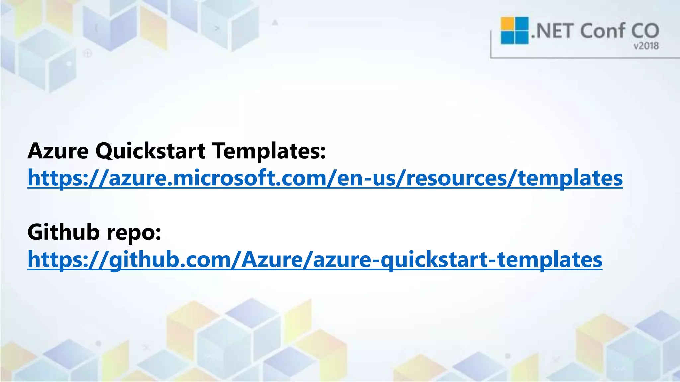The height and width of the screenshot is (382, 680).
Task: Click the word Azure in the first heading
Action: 58,151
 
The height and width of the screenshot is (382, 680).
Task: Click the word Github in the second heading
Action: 63,232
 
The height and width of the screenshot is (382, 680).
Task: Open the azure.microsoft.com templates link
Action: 325,178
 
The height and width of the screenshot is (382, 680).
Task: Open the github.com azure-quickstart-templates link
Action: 314,260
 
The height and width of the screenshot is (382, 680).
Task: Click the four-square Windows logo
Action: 514,31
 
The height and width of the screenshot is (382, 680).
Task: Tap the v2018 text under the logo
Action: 646,46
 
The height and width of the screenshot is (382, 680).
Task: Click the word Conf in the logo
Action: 602,31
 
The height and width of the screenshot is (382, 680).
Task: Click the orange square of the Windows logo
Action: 507,23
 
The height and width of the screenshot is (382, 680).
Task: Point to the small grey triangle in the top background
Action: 275,23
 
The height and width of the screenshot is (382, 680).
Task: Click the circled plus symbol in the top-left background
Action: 88,53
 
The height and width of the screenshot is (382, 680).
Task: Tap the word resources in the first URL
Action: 457,178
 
